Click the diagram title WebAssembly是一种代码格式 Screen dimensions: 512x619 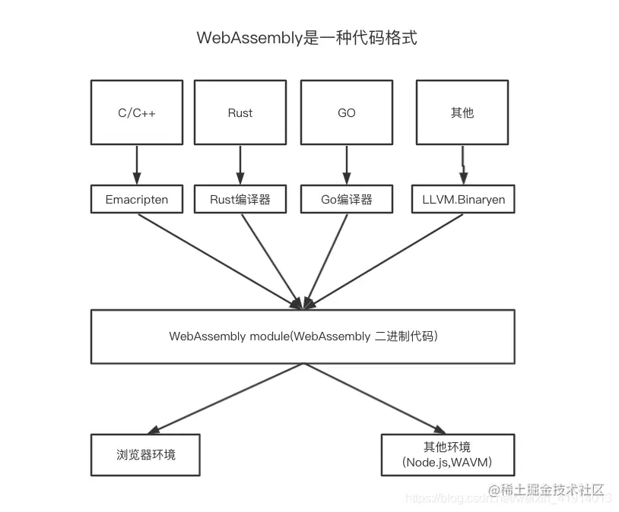click(306, 39)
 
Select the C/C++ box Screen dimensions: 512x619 click(137, 112)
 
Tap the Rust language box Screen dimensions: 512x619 click(240, 112)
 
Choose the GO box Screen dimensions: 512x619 click(347, 112)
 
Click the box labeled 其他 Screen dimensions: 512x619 click(462, 112)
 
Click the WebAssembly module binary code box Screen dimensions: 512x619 click(303, 336)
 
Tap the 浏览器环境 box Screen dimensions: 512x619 click(145, 454)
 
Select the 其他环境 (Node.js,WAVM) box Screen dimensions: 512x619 click(447, 454)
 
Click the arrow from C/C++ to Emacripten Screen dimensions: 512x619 click(137, 164)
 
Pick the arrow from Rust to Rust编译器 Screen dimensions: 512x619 click(240, 164)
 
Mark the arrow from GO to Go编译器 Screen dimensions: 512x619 click(347, 164)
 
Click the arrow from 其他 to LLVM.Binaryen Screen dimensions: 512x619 click(462, 164)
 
